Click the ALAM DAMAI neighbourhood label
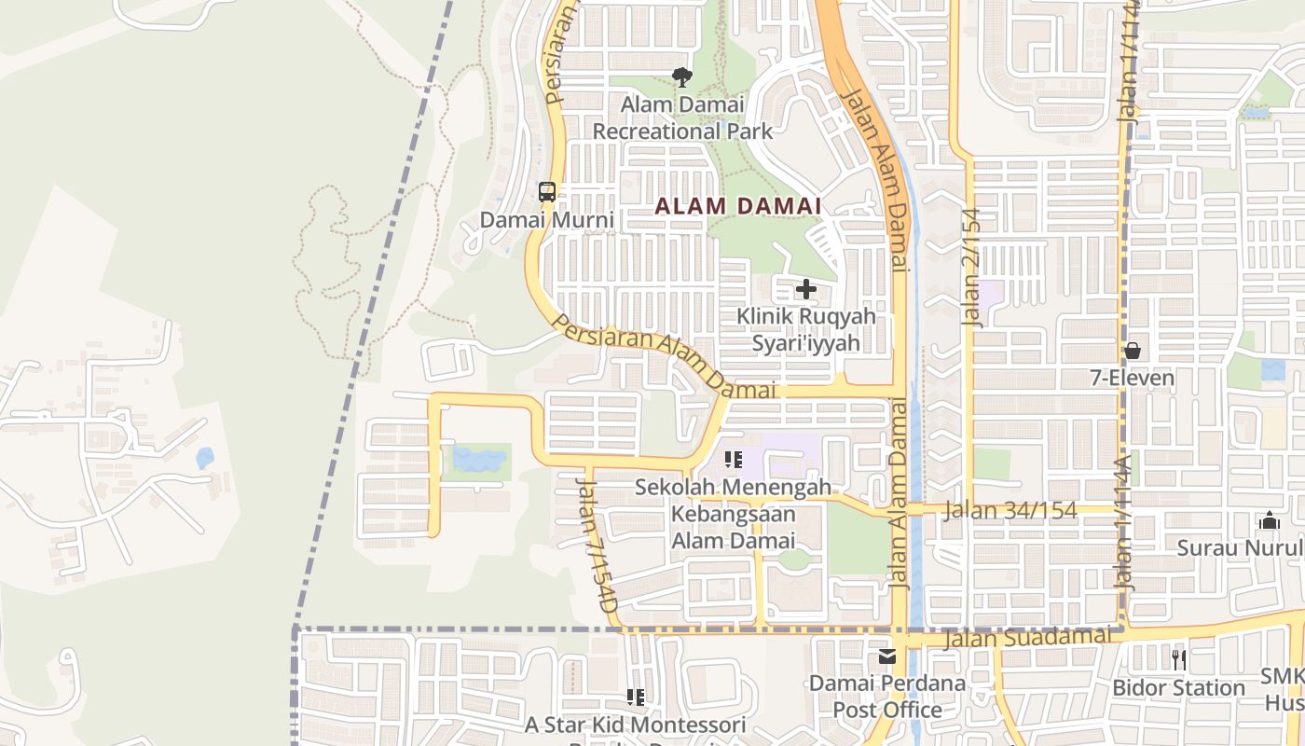[737, 205]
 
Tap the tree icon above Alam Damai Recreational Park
[682, 77]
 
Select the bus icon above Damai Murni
[547, 192]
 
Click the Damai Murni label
[547, 220]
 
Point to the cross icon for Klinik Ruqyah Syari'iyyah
[806, 290]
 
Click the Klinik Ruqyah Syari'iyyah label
[806, 329]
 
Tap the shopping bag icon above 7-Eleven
[1133, 352]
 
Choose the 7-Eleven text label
[1133, 378]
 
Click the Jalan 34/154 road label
[1010, 510]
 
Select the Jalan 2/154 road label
[972, 267]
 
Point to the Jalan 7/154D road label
[596, 545]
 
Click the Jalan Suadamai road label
[1028, 639]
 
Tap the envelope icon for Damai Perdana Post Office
[886, 656]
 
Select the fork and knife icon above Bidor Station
[1179, 659]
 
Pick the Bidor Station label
[1178, 687]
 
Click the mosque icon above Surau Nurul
[1269, 520]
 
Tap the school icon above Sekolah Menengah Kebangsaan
[734, 459]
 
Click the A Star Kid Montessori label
[636, 725]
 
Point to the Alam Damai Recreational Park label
[682, 117]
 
